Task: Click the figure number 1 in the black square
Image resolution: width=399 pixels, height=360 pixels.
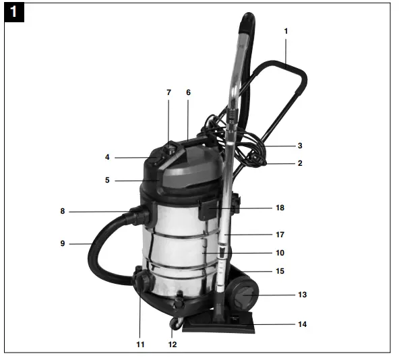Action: click(x=14, y=13)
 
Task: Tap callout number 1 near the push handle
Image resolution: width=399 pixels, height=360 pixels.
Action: click(x=285, y=31)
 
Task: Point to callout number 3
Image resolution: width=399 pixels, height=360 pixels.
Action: click(x=300, y=146)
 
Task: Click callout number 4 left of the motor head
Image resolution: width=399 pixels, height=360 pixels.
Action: click(x=107, y=158)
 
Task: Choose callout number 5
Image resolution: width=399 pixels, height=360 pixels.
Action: click(x=107, y=180)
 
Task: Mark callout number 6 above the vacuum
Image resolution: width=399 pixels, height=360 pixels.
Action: click(x=188, y=92)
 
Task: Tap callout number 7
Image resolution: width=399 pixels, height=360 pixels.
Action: click(x=168, y=92)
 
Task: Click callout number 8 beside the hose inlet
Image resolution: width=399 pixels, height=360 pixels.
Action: click(x=62, y=212)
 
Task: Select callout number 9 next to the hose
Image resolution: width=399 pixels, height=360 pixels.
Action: click(x=62, y=243)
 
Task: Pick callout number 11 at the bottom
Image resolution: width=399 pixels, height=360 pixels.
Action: click(x=140, y=344)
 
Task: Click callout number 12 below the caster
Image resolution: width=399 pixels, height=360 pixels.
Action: click(x=173, y=344)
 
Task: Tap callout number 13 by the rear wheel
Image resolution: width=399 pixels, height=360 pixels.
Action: click(x=301, y=295)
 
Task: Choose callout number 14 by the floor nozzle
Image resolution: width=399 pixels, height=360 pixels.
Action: click(x=302, y=324)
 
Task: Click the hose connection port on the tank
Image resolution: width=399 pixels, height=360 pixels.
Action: click(x=142, y=216)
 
